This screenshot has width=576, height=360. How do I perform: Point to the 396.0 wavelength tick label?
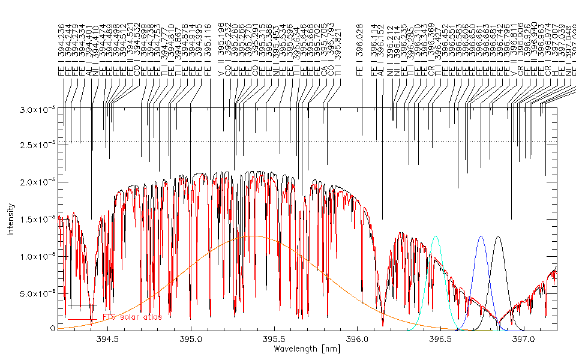pos(358,338)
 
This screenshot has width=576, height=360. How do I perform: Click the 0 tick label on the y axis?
pos(53,329)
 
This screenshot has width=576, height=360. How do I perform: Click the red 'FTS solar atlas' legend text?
pos(132,317)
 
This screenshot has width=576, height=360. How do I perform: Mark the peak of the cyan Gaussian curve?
pos(435,236)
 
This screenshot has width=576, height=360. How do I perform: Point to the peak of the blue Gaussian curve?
pos(480,236)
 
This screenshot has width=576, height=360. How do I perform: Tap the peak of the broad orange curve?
pos(254,236)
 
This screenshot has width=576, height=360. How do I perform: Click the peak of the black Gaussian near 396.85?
pos(497,236)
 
